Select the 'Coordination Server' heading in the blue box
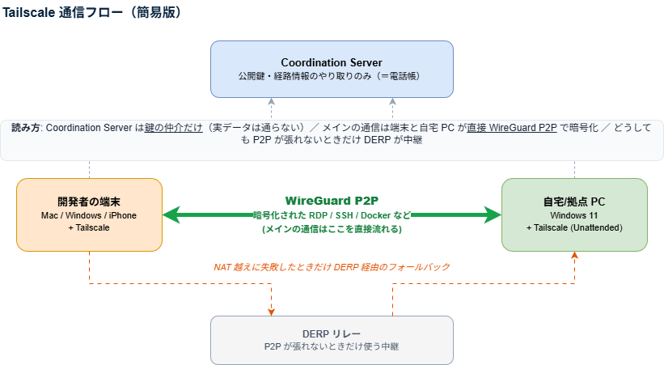coord(332,62)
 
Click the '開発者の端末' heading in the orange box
coord(89,201)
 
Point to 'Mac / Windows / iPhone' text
coord(89,215)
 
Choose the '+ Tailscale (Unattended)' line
coord(574,228)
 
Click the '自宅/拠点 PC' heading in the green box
coord(574,201)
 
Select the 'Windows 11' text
coord(574,215)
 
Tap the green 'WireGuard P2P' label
coord(332,200)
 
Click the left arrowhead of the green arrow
coord(169,214)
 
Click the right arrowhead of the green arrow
coord(494,214)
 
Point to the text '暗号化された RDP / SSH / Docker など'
coord(332,215)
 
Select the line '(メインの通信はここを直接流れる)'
coord(332,229)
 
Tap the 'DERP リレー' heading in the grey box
coord(332,333)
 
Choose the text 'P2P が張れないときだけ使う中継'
coord(332,346)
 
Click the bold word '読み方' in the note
coord(26,128)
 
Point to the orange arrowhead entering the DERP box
coord(272,311)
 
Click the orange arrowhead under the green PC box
coord(575,256)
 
